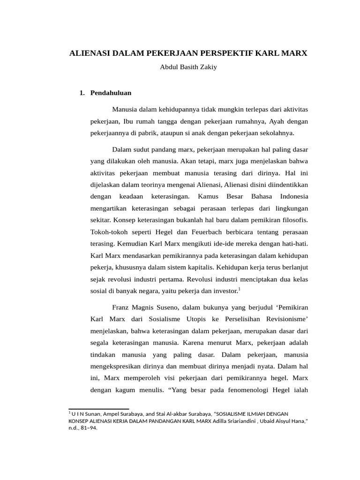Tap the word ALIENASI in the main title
coord(89,53)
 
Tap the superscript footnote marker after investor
coord(240,289)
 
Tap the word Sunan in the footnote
coord(94,414)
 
